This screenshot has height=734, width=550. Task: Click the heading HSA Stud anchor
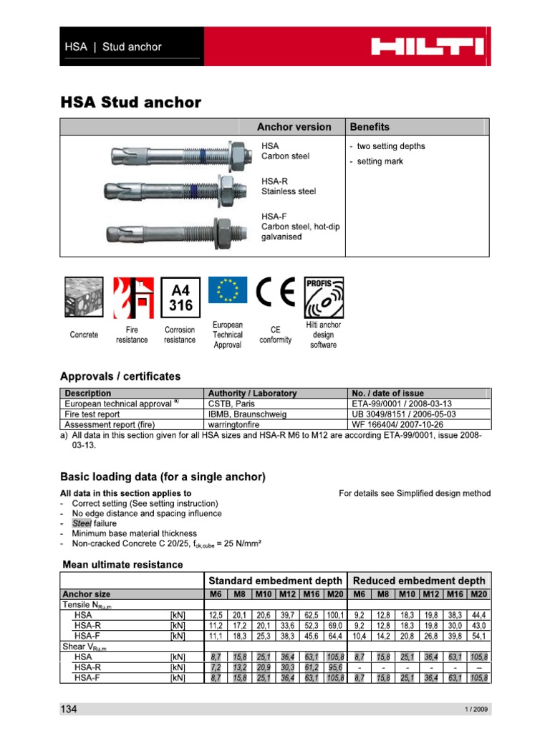click(130, 103)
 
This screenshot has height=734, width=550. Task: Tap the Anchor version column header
click(294, 127)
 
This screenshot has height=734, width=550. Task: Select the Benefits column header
click(370, 127)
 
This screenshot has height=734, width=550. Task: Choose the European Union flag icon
click(228, 290)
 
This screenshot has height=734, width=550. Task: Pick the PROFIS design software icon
click(323, 297)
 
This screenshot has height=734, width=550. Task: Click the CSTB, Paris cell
click(228, 404)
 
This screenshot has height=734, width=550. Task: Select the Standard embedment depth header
click(274, 581)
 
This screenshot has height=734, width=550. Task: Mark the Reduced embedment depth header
click(418, 581)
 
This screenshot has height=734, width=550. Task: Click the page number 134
click(68, 709)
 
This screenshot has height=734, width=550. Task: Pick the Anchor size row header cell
click(87, 594)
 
